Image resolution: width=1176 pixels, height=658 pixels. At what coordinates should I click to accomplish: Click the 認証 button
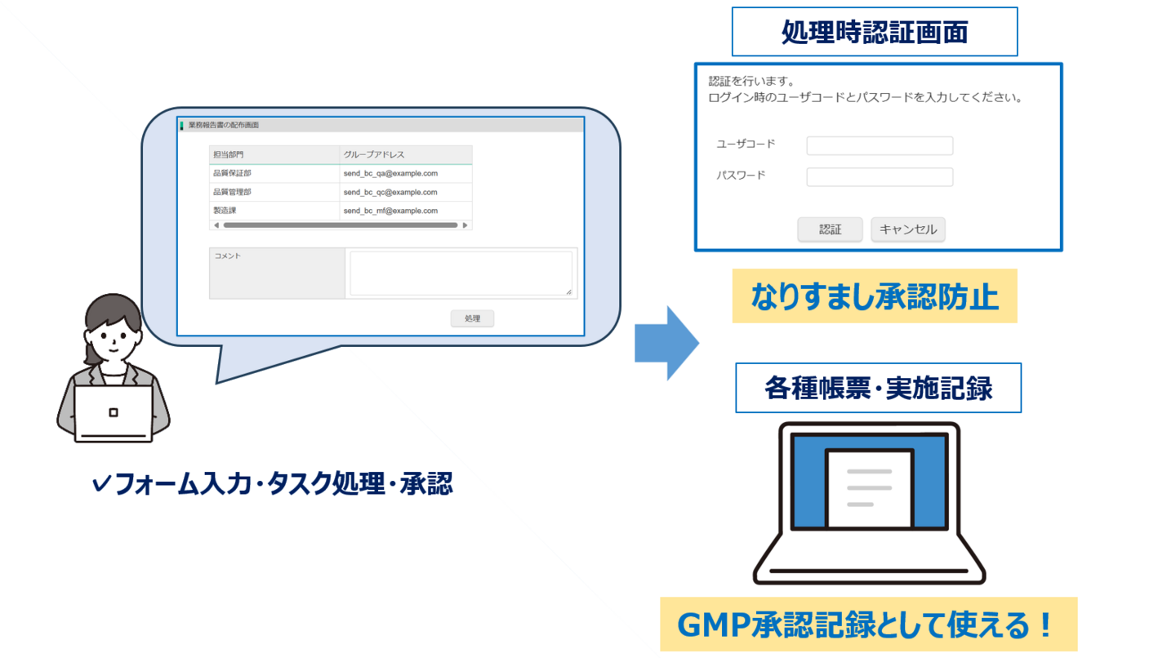coord(830,229)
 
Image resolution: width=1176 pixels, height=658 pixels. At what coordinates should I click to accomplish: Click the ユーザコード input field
coord(880,145)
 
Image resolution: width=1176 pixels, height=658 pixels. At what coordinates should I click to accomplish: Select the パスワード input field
coord(880,177)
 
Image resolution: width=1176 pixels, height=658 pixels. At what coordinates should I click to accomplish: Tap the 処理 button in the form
coord(472,318)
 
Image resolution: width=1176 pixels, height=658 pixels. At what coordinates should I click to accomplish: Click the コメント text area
coord(461,273)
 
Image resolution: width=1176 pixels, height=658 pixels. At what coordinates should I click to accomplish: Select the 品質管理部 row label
coord(232,192)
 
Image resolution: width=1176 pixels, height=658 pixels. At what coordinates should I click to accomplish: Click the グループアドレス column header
coord(374,154)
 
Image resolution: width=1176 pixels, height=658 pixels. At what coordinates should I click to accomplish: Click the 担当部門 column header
coord(228,154)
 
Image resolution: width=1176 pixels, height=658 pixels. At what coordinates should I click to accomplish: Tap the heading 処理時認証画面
coord(875,32)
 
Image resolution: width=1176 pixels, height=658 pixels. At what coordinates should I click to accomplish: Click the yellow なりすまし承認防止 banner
coord(875,296)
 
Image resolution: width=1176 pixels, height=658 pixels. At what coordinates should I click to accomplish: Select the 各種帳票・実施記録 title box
coord(879,388)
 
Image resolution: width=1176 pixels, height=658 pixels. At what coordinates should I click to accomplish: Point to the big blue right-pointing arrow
coord(666,343)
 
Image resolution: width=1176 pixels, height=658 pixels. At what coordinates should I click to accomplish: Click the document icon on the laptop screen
coord(870,488)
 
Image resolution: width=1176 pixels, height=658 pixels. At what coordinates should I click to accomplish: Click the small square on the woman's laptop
coord(114,412)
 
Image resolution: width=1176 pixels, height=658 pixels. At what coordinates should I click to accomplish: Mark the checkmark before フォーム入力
coord(100,484)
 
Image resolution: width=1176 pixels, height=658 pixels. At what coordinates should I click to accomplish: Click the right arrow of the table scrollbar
coord(465,225)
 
